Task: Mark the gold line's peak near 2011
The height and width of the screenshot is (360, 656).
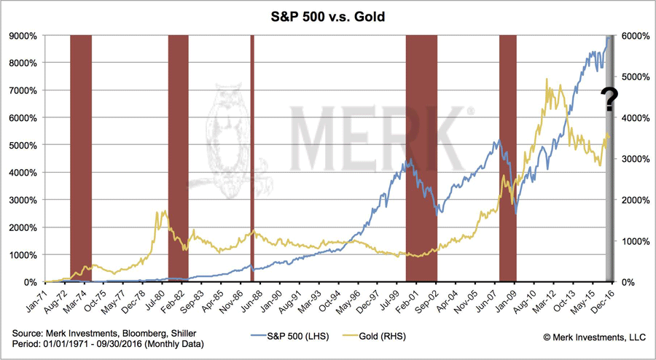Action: coord(547,90)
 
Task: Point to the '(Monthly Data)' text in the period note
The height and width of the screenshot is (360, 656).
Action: coord(173,343)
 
